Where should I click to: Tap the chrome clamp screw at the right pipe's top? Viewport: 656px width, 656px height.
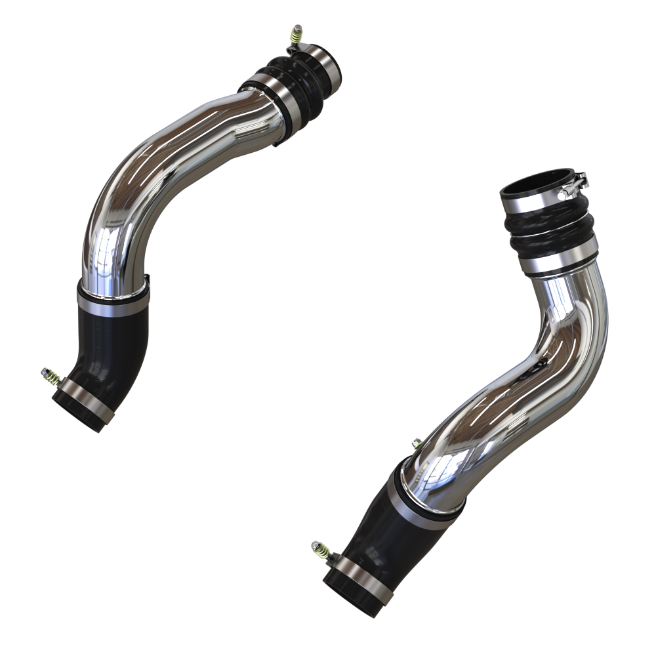coord(580,180)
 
